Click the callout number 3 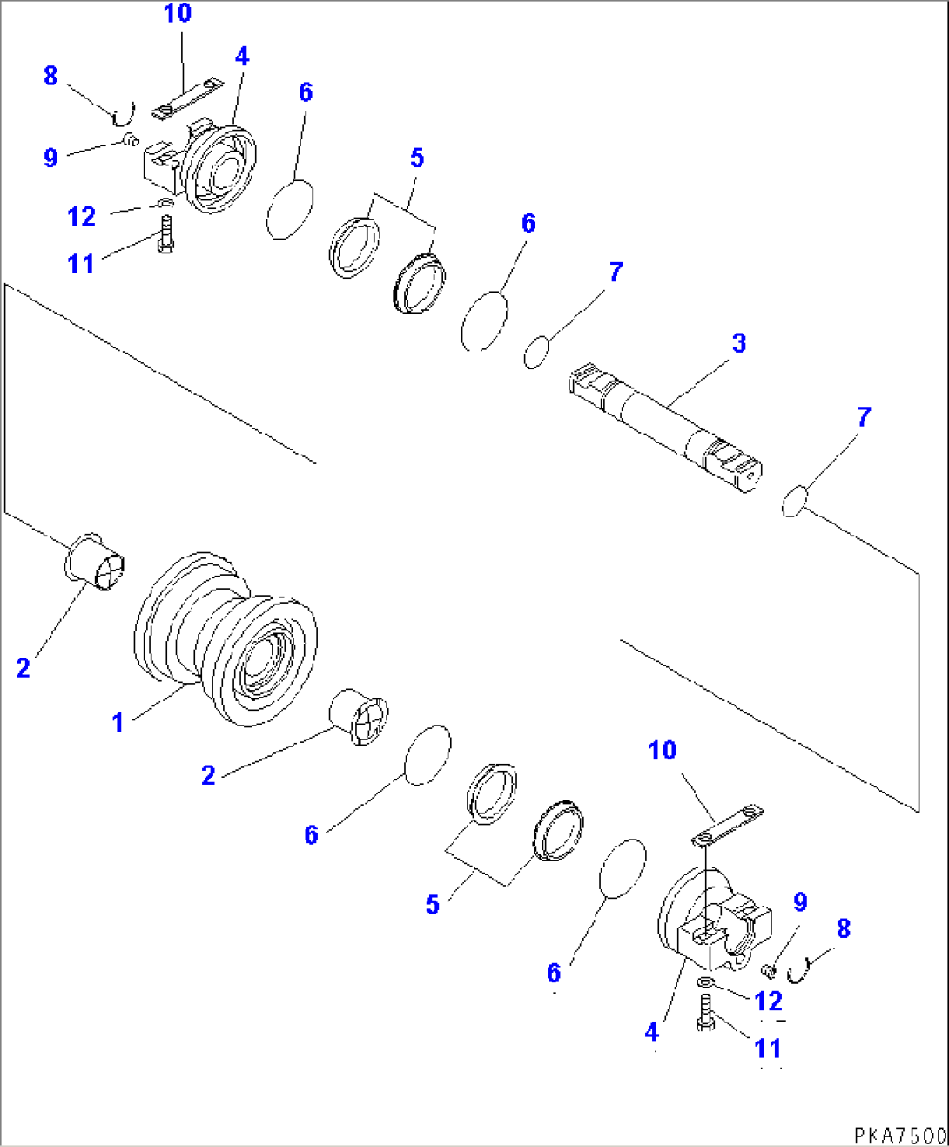pos(739,343)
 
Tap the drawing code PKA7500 pos(900,1135)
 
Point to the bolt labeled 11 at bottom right pos(705,1013)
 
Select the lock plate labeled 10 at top pos(187,98)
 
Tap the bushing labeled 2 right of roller pos(359,716)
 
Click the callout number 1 pos(118,722)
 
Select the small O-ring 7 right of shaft pos(795,503)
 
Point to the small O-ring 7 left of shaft pos(536,352)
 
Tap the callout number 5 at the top pos(417,159)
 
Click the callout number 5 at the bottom pos(433,905)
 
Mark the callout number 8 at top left pos(50,76)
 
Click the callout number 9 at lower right pos(800,902)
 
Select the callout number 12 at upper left pos(82,216)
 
